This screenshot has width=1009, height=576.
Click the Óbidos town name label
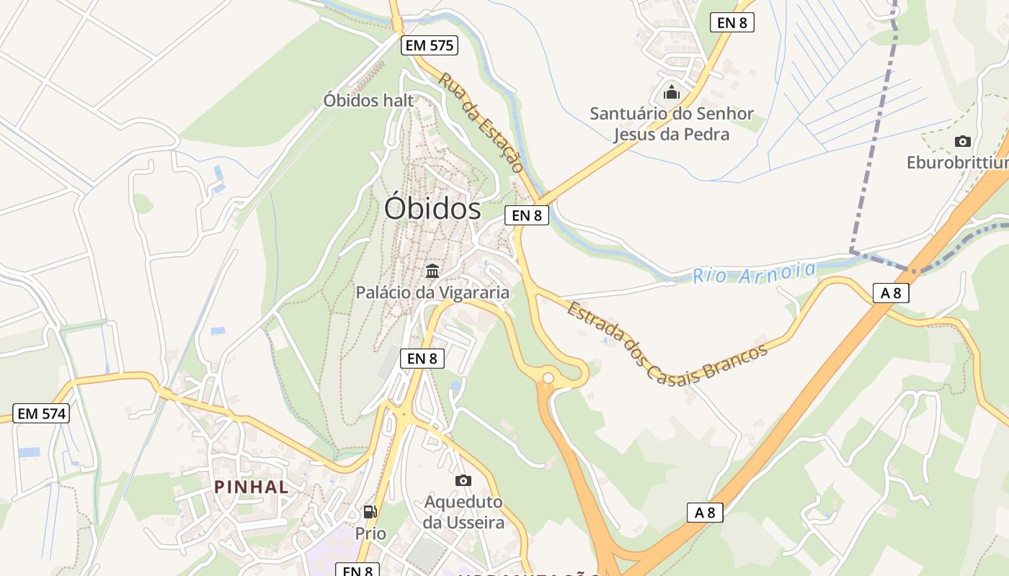coord(432,209)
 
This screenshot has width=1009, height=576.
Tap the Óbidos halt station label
coord(368,100)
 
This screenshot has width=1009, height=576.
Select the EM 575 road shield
coord(430,46)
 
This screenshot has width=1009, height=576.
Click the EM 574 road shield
coord(42,413)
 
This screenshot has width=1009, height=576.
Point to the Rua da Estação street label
coord(480,122)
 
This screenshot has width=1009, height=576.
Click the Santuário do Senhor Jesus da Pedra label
coord(671,124)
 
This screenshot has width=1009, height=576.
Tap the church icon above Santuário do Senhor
coord(672,92)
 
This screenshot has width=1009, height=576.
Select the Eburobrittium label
coord(957,163)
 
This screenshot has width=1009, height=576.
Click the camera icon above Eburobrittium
coord(962,141)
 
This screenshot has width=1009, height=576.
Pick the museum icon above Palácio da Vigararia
coord(432,271)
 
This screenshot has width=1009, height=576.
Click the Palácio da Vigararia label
coord(432,292)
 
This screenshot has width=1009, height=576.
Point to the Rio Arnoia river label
coord(754,273)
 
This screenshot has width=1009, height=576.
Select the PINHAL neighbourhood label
coord(252,487)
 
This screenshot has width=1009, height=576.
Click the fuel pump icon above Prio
coord(370,512)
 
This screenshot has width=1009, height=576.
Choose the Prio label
coord(370,534)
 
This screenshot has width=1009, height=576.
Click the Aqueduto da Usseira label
coord(463,512)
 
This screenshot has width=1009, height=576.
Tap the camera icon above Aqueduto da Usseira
coord(463,480)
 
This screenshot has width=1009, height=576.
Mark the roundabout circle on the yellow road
coord(548,377)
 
